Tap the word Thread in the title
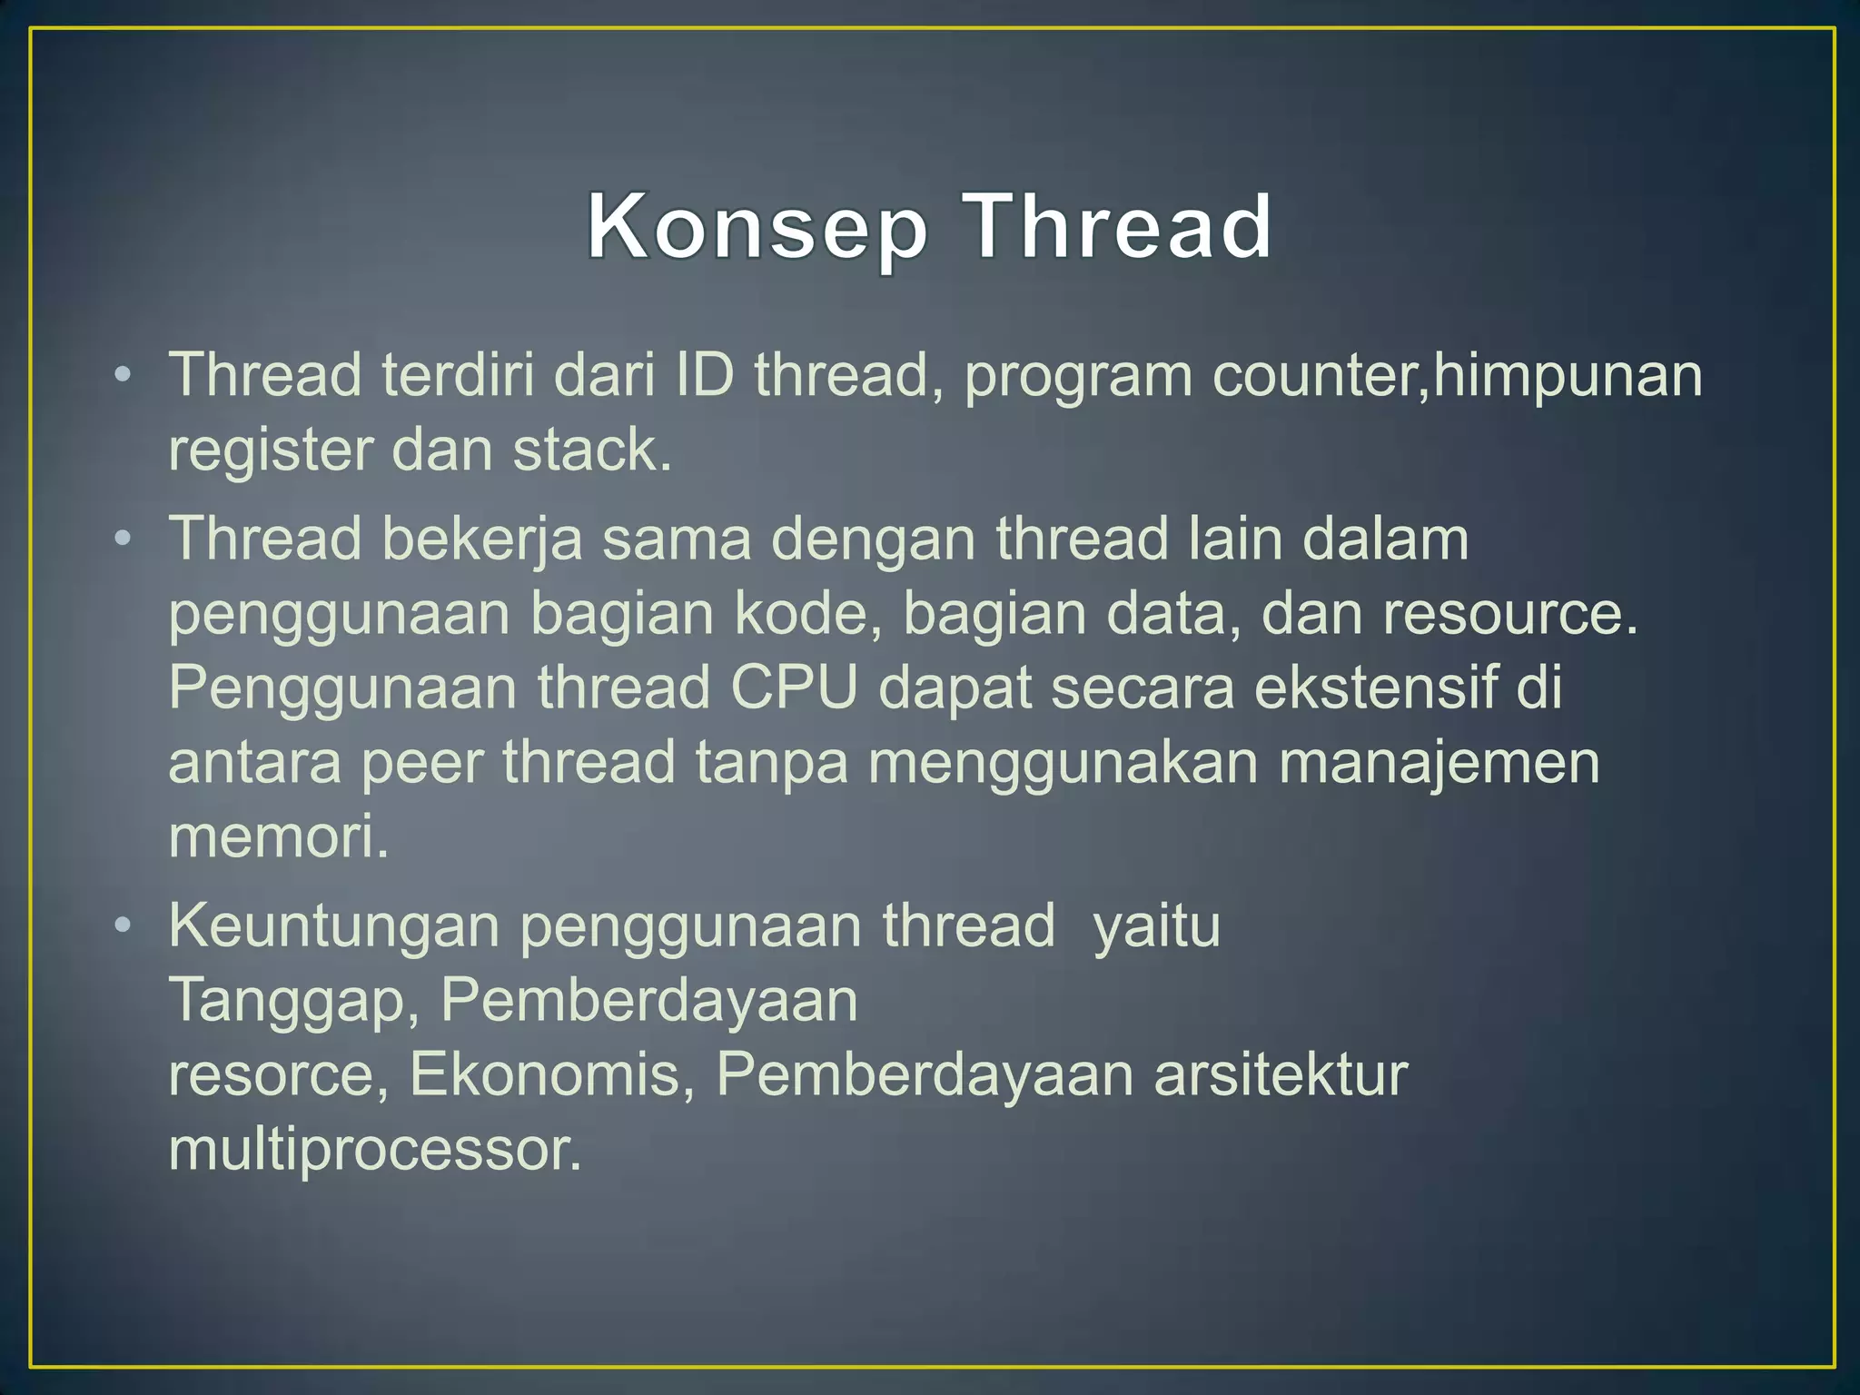point(1117,227)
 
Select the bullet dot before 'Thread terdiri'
point(124,375)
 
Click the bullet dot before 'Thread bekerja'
point(124,539)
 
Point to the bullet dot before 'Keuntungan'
point(124,926)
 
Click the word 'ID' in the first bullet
point(704,375)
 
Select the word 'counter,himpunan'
point(1458,375)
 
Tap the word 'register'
point(270,450)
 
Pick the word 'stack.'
point(592,450)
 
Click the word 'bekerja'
point(481,539)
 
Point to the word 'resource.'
point(1510,614)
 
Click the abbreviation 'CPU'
point(794,688)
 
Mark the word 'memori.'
point(279,836)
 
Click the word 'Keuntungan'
point(334,926)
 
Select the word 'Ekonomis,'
point(552,1075)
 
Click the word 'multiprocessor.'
point(374,1150)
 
